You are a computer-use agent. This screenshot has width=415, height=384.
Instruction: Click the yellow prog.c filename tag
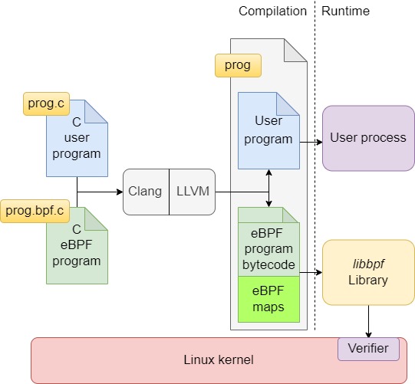click(x=46, y=103)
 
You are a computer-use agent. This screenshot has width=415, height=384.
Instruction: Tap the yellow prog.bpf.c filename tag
click(x=35, y=211)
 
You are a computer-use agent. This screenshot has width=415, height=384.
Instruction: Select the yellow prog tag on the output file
click(x=238, y=66)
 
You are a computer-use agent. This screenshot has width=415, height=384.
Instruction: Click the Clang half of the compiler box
click(x=146, y=192)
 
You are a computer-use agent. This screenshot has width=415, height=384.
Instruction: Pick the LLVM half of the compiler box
click(x=193, y=192)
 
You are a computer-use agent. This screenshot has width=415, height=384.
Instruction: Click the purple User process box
click(x=368, y=138)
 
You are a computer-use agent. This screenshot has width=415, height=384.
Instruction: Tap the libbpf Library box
click(x=368, y=272)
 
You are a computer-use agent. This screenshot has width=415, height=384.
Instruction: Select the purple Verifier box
click(x=368, y=349)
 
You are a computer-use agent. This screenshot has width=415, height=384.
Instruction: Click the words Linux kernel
click(x=219, y=360)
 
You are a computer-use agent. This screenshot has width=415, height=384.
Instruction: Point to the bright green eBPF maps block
click(x=268, y=300)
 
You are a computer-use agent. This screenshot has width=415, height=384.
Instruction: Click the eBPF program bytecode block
click(x=268, y=242)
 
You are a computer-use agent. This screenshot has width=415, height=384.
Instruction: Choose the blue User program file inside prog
click(x=268, y=130)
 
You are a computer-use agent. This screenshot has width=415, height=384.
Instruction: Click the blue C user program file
click(x=77, y=138)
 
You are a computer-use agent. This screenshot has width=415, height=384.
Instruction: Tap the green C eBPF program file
click(x=77, y=246)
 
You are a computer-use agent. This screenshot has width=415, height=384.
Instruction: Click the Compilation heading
click(x=272, y=11)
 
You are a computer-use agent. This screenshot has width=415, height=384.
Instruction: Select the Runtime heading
click(x=345, y=11)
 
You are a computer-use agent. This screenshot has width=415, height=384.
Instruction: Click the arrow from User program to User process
click(x=311, y=143)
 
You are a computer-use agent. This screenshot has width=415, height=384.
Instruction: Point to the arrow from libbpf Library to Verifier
click(x=368, y=321)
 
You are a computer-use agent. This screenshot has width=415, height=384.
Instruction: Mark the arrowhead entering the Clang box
click(x=120, y=192)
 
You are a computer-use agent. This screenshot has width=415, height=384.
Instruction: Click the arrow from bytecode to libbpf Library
click(x=311, y=272)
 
